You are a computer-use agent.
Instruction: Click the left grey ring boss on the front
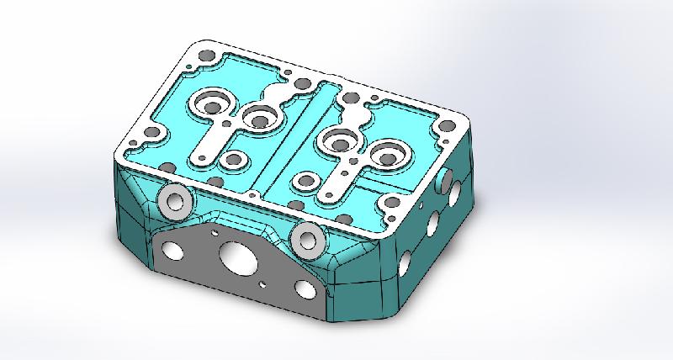[x=175, y=201]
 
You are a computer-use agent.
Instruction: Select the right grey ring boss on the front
[x=305, y=239]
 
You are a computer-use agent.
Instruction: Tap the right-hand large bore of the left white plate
[x=261, y=117]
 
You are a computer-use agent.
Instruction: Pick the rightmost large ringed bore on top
[x=389, y=154]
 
